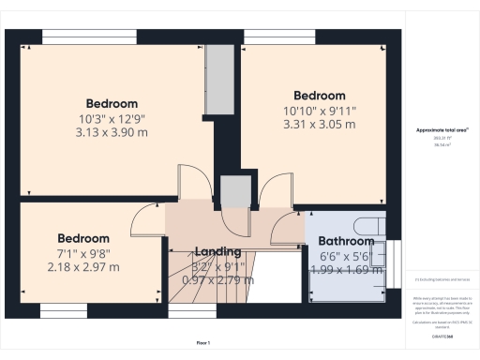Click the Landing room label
coord(217,251)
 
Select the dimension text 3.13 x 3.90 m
coord(112,132)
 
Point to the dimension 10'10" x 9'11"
coord(320,110)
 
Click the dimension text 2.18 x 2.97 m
coord(83,267)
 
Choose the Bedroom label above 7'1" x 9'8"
coord(83,238)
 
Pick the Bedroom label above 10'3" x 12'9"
coord(112,103)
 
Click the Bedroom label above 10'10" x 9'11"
coord(320,96)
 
